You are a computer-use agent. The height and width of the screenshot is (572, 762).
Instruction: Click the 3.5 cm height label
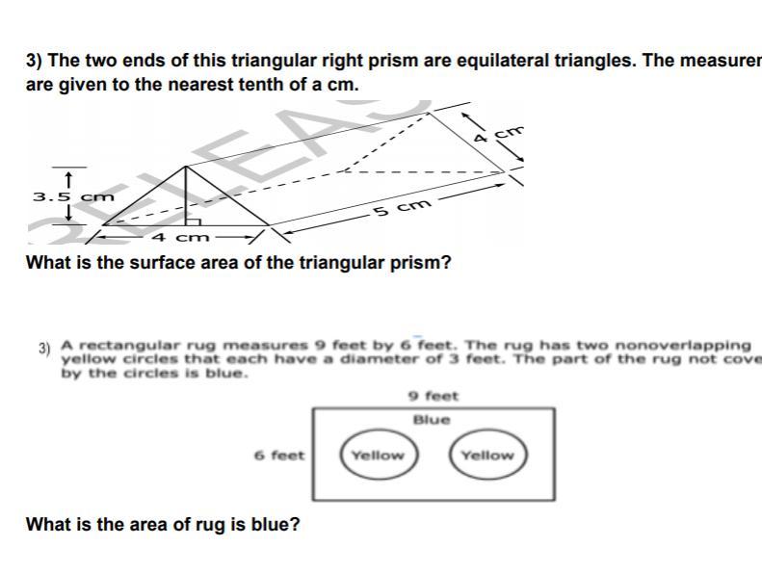(x=73, y=197)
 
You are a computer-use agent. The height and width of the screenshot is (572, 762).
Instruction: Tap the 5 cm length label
(x=395, y=208)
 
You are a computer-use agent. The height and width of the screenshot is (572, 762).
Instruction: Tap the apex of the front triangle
(x=187, y=166)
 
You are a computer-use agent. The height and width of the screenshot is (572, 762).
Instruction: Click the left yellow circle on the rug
(x=377, y=455)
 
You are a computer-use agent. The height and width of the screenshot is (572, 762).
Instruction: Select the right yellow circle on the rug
(x=486, y=455)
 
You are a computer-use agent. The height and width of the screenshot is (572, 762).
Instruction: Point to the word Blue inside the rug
(x=432, y=420)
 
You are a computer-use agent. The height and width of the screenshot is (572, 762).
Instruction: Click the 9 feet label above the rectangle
(x=434, y=396)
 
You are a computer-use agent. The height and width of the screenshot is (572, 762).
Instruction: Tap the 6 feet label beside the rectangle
(x=279, y=455)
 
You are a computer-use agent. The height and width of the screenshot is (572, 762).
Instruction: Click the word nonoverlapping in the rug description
(x=689, y=345)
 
